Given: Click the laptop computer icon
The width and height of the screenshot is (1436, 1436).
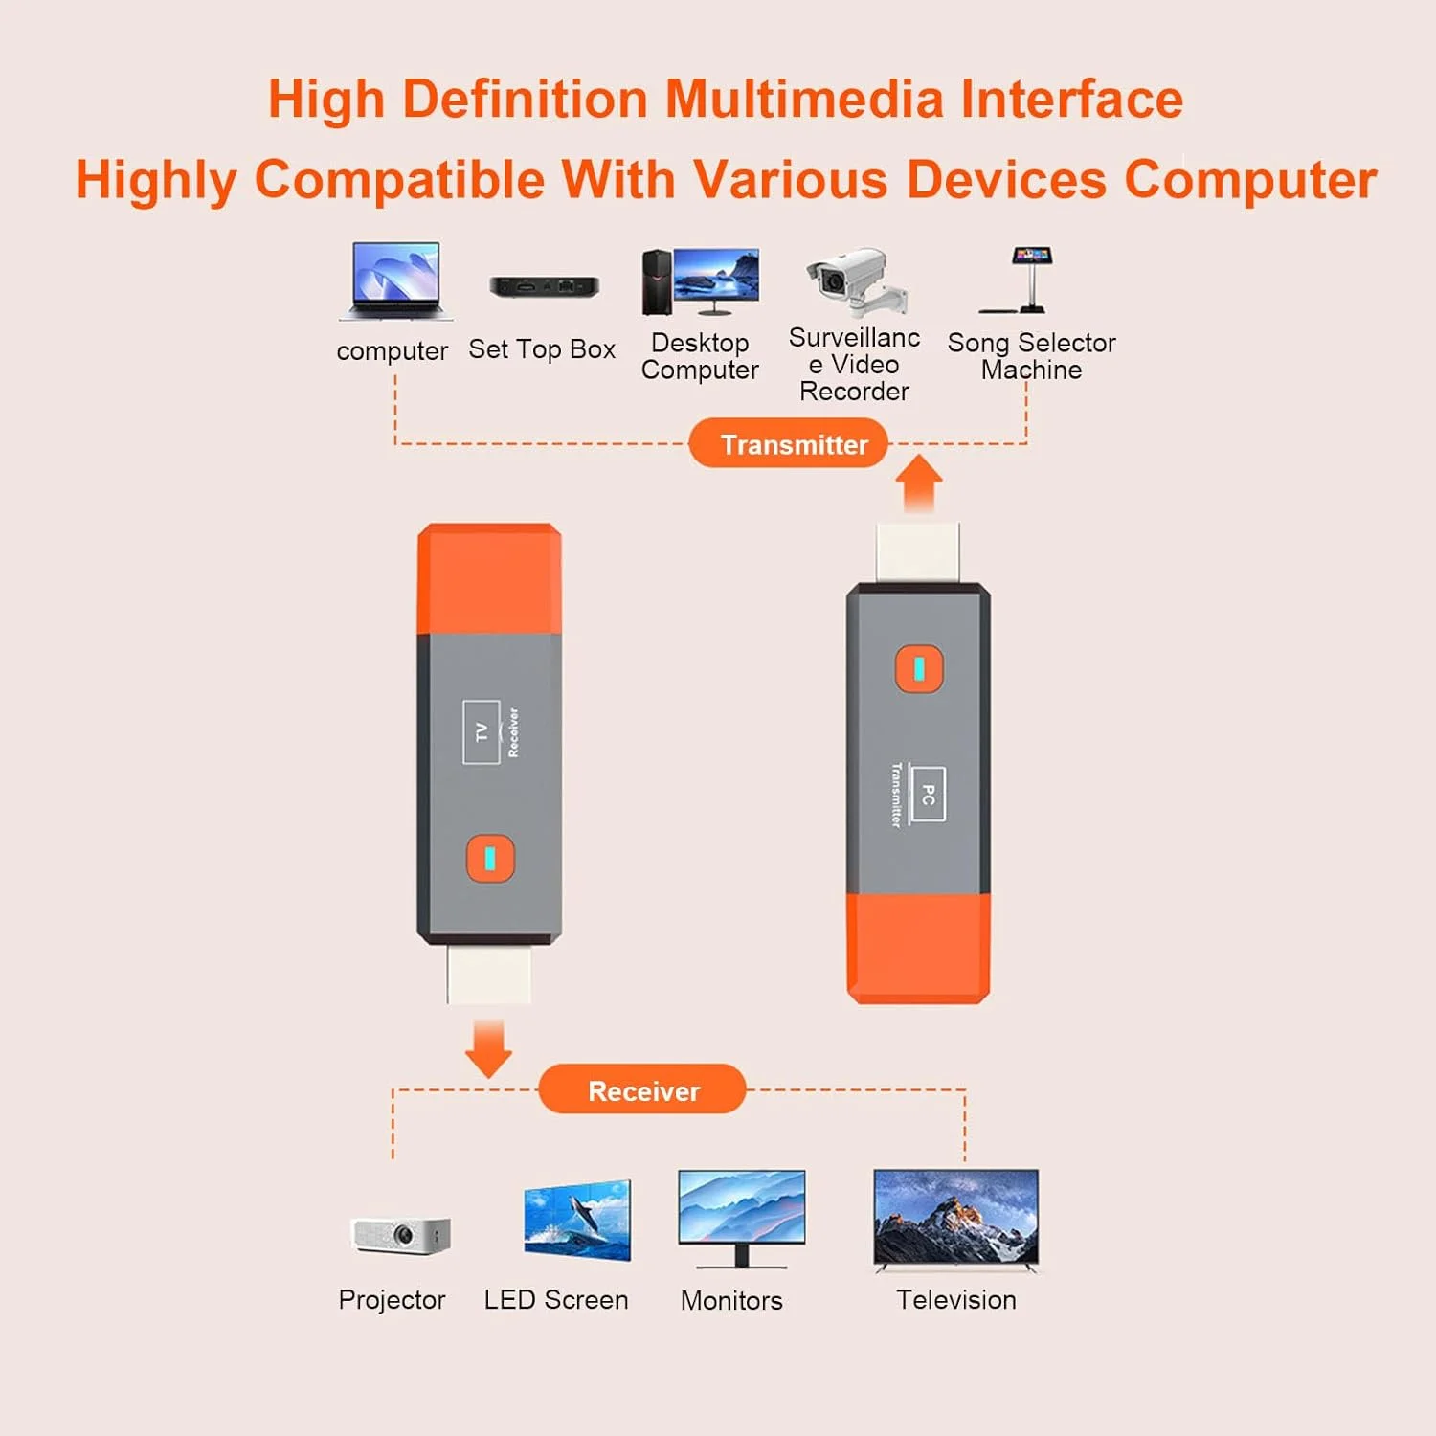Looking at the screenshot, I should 395,280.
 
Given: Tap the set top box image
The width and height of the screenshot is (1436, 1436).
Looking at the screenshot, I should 544,285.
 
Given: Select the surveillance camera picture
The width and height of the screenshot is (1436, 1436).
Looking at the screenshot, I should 855,281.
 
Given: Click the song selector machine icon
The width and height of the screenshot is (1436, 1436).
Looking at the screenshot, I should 1025,280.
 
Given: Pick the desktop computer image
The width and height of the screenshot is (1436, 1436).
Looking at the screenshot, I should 702,281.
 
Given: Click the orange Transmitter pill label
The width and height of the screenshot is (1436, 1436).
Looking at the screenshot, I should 789,444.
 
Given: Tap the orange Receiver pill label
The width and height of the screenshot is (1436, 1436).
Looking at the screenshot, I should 642,1090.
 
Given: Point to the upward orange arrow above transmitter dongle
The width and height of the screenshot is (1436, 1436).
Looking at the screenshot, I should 920,482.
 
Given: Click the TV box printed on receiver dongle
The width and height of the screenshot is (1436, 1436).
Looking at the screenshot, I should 482,732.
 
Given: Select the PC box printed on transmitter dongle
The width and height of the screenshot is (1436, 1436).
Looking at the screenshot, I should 928,794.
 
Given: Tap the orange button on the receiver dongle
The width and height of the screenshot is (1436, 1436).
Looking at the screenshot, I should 490,858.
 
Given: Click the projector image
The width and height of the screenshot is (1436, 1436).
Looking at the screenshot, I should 400,1234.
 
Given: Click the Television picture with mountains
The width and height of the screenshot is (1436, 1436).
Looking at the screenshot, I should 955,1219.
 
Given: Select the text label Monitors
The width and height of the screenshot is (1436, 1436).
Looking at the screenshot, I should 731,1300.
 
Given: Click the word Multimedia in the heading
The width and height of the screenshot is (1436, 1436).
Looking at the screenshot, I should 803,100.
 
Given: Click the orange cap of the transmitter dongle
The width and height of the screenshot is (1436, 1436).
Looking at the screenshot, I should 918,948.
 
